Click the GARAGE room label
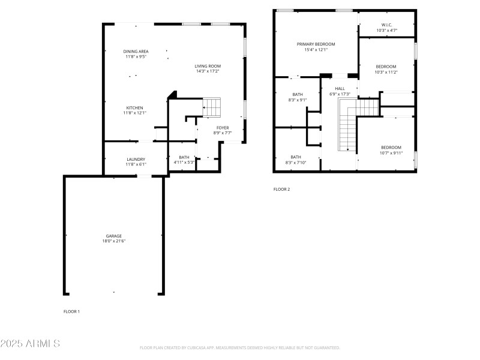113,236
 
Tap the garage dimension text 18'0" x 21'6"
113,241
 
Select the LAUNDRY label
136,159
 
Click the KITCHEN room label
134,108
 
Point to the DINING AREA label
136,52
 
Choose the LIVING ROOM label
208,66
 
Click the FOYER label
223,128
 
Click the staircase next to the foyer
212,107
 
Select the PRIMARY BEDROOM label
316,44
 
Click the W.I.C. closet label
386,25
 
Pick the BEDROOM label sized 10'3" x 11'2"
386,67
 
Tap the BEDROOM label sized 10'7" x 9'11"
391,148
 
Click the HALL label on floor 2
340,89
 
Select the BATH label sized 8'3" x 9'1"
298,95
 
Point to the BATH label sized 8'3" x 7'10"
296,157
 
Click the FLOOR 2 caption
281,189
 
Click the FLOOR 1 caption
71,311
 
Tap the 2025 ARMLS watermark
30,344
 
